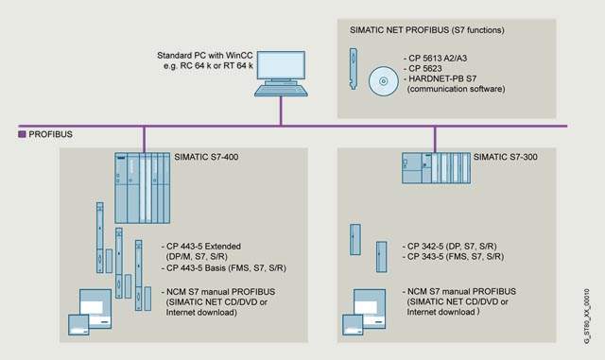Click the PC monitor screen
pyautogui.click(x=281, y=65)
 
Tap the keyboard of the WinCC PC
pyautogui.click(x=281, y=91)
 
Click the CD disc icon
pyautogui.click(x=383, y=81)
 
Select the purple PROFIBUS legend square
pyautogui.click(x=22, y=134)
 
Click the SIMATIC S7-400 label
pyautogui.click(x=206, y=157)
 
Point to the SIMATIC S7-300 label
pyautogui.click(x=506, y=157)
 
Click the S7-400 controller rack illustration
pyautogui.click(x=143, y=187)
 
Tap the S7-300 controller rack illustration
pyautogui.click(x=436, y=168)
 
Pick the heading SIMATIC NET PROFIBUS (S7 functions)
pyautogui.click(x=427, y=30)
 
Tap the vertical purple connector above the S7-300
pyautogui.click(x=435, y=140)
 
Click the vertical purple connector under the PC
pyautogui.click(x=281, y=111)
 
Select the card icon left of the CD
pyautogui.click(x=353, y=69)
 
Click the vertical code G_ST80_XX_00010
pyautogui.click(x=587, y=317)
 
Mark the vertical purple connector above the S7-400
pyautogui.click(x=144, y=140)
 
